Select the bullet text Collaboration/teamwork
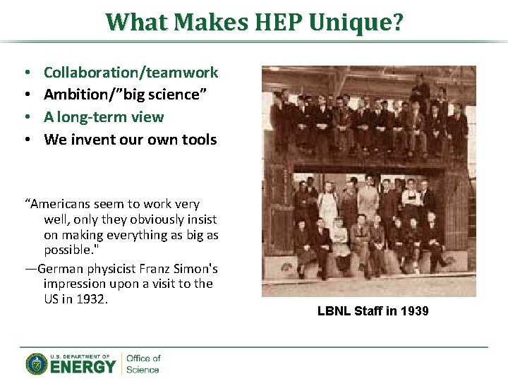131,72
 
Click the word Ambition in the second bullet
73,95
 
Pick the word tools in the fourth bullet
199,140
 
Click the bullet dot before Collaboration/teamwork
26,73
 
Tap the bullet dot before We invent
26,140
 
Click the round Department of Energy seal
36,364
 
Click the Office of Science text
143,364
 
